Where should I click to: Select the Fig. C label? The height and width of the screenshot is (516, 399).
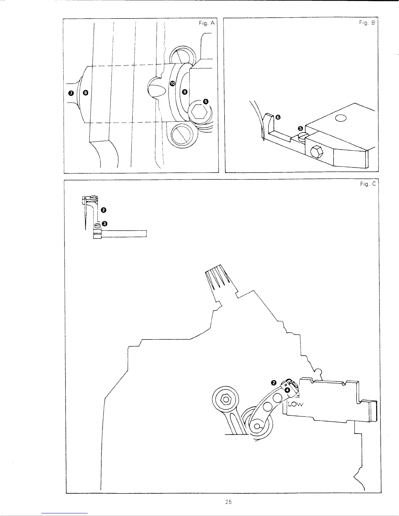[368, 184]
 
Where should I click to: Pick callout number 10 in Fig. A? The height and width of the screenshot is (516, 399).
[172, 84]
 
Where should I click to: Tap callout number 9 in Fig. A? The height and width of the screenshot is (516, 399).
[185, 92]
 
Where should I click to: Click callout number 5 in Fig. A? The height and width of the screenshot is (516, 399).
[205, 101]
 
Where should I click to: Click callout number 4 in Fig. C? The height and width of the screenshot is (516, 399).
[287, 390]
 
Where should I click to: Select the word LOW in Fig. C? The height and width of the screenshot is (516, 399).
[296, 405]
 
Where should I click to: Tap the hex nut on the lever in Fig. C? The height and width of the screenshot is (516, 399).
[225, 398]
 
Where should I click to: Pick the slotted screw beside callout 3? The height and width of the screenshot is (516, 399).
[97, 225]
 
